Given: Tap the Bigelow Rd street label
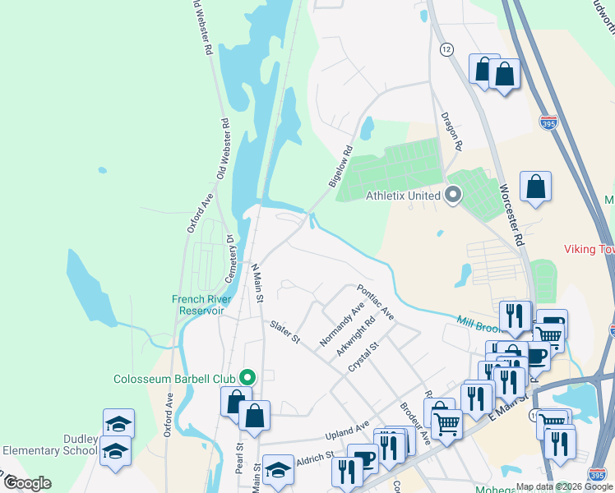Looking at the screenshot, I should click(x=340, y=167).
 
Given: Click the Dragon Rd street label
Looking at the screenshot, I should click(x=452, y=131).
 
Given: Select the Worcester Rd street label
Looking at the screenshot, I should click(x=511, y=215).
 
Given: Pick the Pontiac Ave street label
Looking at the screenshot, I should click(x=375, y=302).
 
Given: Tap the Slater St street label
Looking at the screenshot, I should click(x=282, y=332).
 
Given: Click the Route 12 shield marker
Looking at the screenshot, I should click(x=446, y=49).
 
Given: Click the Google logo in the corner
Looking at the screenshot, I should click(x=27, y=483).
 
